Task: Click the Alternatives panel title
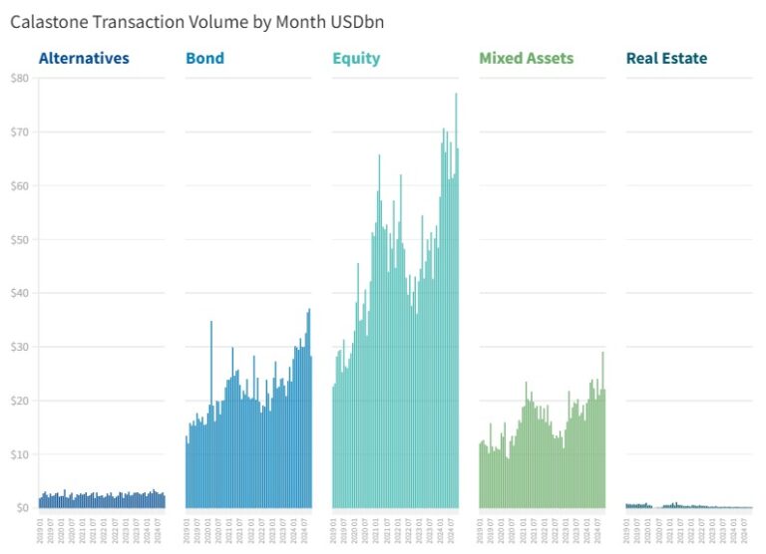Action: click(x=84, y=58)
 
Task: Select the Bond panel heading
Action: click(x=204, y=58)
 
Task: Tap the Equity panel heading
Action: click(x=356, y=58)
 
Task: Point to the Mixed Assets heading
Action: click(x=526, y=58)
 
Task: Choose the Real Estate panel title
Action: click(x=666, y=58)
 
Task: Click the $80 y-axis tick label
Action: click(x=19, y=78)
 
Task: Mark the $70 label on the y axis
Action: click(x=19, y=132)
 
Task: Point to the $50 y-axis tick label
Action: click(x=19, y=239)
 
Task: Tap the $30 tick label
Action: click(x=19, y=347)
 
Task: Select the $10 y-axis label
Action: click(x=19, y=454)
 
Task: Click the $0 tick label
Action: click(x=22, y=508)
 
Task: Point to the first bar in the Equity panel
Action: click(x=333, y=448)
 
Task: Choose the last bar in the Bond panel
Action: click(x=311, y=433)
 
